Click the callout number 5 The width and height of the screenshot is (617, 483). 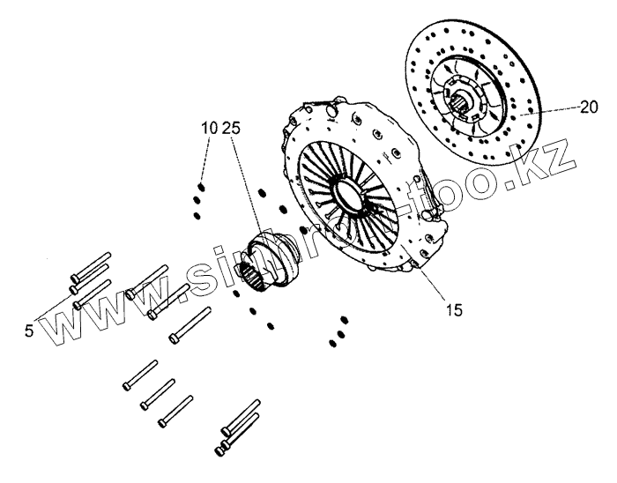[x=28, y=331]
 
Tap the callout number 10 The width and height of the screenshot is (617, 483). [x=210, y=129]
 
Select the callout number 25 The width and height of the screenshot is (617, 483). [x=232, y=129]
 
